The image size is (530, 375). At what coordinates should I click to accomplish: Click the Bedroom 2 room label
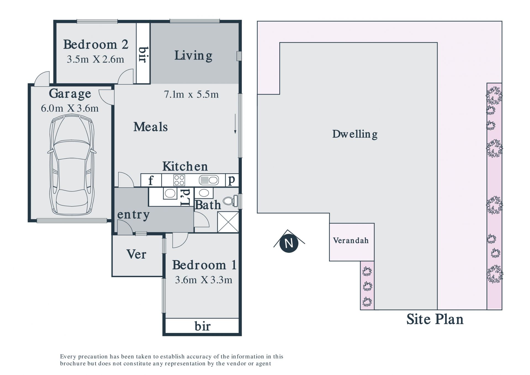[96, 44]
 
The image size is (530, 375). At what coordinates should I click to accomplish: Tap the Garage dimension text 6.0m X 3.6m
[70, 108]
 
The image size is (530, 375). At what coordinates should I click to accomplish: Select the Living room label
[193, 56]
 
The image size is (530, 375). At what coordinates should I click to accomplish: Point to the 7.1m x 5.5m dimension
[191, 95]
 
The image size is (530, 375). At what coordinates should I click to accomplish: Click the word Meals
[151, 127]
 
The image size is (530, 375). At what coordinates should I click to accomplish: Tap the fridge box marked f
[151, 180]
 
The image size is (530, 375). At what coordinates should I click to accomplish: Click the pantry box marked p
[232, 180]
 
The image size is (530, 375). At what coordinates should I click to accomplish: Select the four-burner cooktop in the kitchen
[179, 180]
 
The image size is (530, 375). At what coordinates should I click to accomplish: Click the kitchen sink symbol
[209, 180]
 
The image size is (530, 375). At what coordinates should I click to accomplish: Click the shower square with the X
[228, 222]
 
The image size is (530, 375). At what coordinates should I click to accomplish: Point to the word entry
[133, 215]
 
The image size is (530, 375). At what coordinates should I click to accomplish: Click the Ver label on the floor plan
[136, 254]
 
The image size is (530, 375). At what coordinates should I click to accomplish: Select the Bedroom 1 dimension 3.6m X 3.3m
[203, 280]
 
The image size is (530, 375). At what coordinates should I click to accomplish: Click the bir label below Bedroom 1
[202, 326]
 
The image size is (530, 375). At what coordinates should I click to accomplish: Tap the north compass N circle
[289, 243]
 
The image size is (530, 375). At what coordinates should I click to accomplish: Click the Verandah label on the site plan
[351, 240]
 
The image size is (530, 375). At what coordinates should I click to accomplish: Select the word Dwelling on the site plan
[355, 134]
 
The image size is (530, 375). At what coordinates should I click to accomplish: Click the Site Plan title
[435, 319]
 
